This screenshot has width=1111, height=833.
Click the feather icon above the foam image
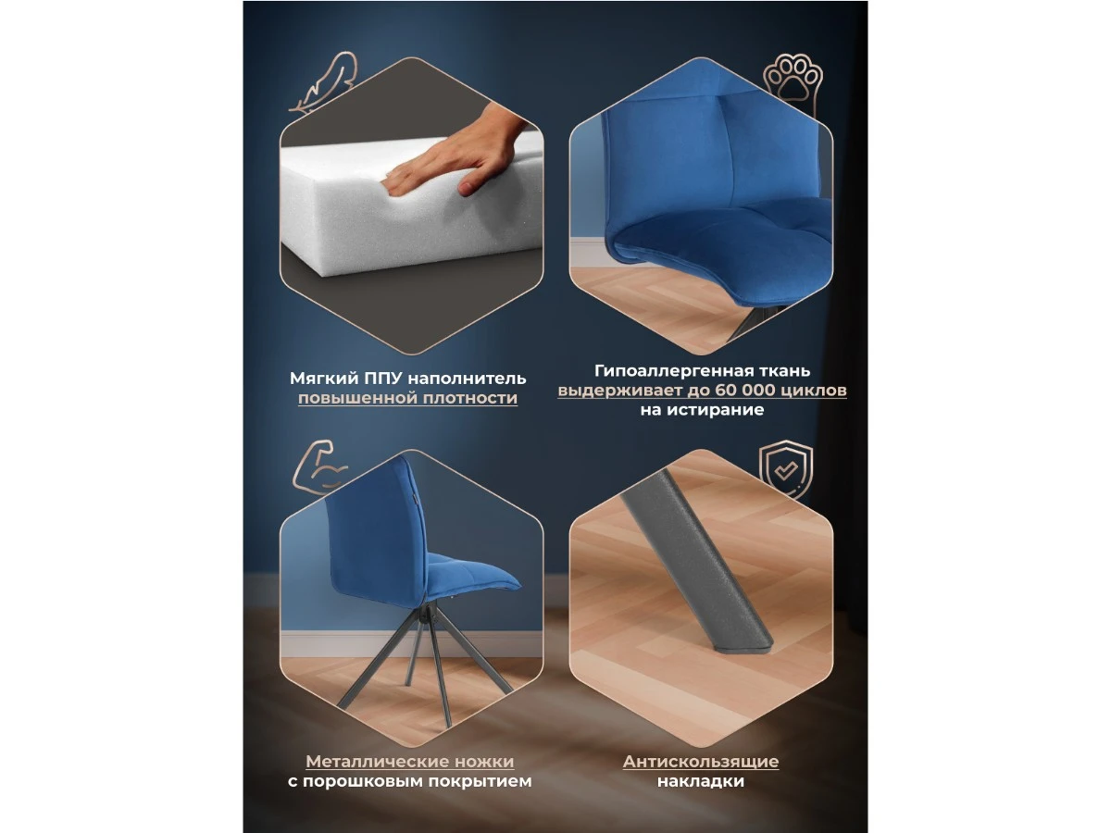[x=323, y=82]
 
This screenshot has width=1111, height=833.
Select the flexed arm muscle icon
[x=319, y=467]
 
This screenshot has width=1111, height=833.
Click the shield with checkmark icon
[x=785, y=470]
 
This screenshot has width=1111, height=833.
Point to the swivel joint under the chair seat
[x=427, y=616]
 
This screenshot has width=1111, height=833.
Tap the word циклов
[x=814, y=391]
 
